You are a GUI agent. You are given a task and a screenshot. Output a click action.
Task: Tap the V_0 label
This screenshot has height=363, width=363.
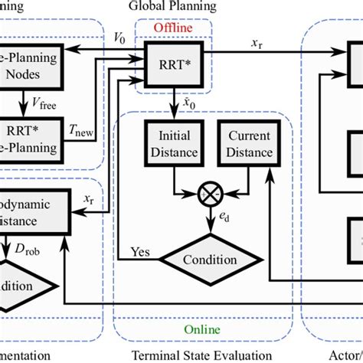click(x=119, y=36)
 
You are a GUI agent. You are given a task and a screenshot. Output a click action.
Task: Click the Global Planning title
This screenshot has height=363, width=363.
click(x=172, y=6)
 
